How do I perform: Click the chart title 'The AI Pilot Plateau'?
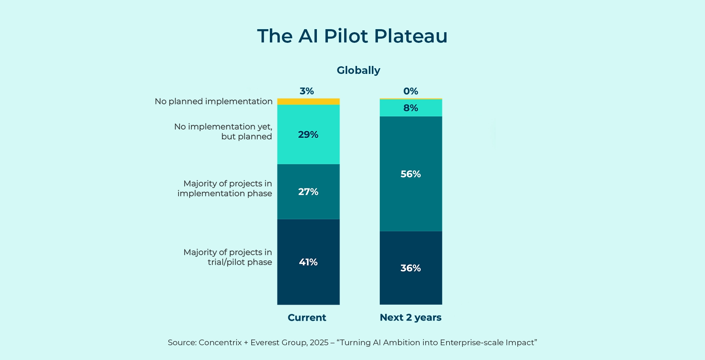tap(352, 36)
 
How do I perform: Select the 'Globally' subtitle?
tap(358, 70)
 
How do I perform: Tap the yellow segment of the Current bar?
tap(308, 102)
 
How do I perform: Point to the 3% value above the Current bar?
tap(307, 91)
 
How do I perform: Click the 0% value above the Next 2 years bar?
tap(410, 91)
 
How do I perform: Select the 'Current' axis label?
tap(307, 318)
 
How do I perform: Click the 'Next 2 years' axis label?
tap(410, 318)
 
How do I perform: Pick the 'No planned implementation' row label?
tap(213, 102)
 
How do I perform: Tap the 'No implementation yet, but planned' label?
tap(223, 131)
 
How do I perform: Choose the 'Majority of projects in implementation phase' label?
tap(225, 188)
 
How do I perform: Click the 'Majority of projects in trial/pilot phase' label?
tap(228, 257)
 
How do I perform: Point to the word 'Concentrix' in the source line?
tap(220, 343)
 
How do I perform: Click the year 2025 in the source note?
tap(319, 343)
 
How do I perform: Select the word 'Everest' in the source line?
tap(265, 343)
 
